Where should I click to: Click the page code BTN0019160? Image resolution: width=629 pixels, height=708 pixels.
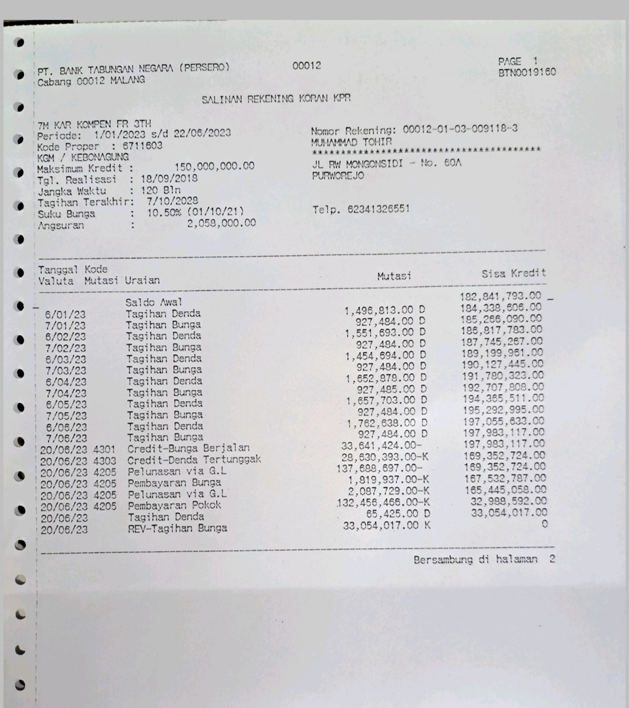[526, 72]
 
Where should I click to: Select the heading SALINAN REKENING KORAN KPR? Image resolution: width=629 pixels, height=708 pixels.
[276, 99]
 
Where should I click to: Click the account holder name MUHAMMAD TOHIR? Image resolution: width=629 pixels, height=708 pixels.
[351, 141]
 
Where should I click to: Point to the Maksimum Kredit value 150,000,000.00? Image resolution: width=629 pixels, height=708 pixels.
[214, 167]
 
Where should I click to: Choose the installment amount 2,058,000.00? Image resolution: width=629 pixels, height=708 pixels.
[221, 223]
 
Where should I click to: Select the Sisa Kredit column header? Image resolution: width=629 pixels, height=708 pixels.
[513, 274]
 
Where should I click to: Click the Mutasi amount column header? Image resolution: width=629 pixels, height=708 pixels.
[394, 276]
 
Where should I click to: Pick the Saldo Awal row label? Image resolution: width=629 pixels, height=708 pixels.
[154, 302]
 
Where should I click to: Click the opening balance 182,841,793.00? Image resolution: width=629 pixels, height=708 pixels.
[500, 296]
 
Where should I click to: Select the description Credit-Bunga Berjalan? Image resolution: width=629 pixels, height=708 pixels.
[188, 448]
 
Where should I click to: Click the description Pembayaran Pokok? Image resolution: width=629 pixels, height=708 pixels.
[174, 505]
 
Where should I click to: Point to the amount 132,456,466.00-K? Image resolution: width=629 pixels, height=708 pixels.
[383, 502]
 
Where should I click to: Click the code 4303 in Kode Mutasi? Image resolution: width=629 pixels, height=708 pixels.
[104, 461]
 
